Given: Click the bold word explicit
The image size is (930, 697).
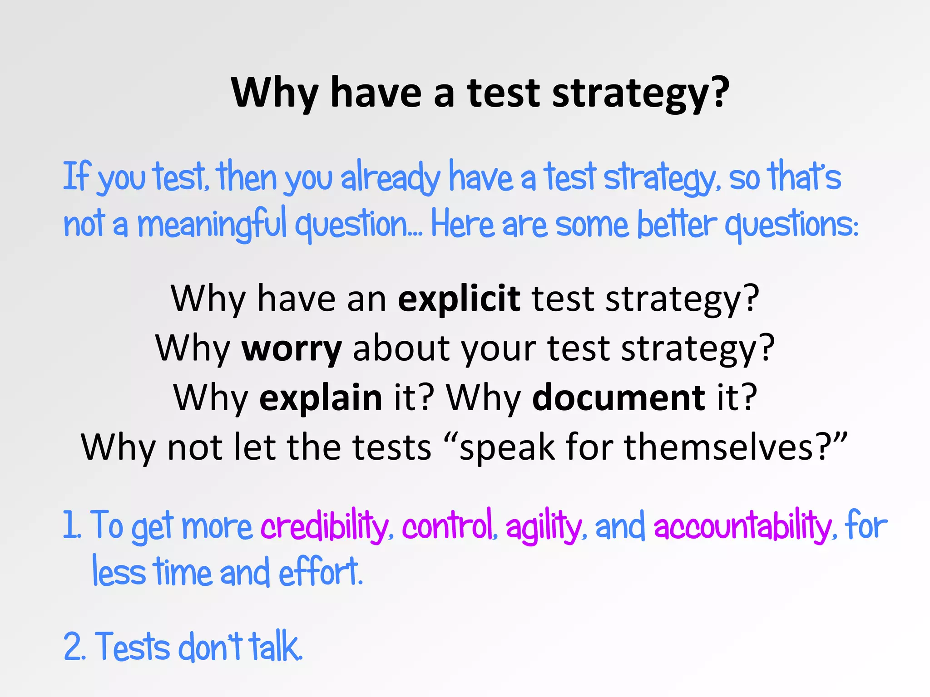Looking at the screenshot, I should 459,299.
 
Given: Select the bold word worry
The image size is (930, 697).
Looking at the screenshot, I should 292,348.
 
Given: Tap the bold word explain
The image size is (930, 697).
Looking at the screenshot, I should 321,398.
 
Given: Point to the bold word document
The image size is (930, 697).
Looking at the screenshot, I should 618,398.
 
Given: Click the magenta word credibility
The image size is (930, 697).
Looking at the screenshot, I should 324,526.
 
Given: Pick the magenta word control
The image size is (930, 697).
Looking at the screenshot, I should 447,526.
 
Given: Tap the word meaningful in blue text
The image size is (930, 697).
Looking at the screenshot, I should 212,224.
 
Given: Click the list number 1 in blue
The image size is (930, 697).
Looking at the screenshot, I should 70,525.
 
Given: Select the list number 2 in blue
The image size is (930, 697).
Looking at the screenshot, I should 73,646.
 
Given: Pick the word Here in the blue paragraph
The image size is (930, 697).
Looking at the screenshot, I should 462,224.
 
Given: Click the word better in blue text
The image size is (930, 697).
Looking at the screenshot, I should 676,224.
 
